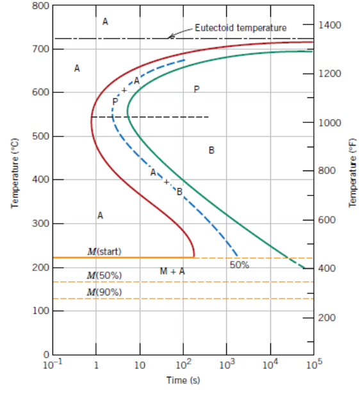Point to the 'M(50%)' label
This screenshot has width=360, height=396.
tap(104, 275)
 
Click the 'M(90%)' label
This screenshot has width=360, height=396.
tap(104, 292)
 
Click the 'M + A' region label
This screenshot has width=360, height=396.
tap(172, 271)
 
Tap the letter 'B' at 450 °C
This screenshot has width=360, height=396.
tap(211, 151)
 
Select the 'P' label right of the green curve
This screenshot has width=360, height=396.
tap(197, 89)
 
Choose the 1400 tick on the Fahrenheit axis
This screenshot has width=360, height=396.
tap(327, 25)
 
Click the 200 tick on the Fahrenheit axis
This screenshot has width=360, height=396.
tap(325, 318)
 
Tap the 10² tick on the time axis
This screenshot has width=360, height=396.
tap(183, 365)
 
